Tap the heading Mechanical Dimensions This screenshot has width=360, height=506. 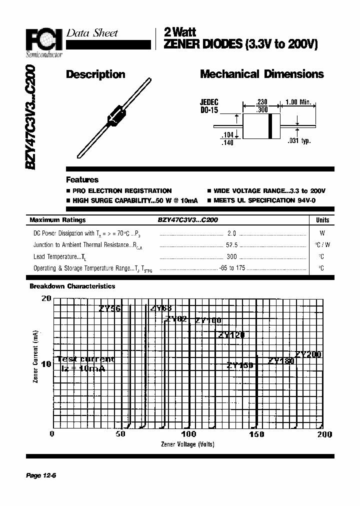(261, 74)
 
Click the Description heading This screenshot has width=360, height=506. (95, 75)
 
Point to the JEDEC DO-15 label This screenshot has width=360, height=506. (209, 106)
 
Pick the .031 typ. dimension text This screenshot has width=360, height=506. (299, 141)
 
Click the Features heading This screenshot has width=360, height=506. (82, 179)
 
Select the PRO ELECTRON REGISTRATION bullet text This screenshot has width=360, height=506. (121, 191)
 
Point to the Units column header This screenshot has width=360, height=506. (322, 220)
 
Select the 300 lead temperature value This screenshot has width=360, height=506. (232, 256)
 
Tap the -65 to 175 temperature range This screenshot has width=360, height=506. (232, 268)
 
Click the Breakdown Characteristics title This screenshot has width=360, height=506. (72, 286)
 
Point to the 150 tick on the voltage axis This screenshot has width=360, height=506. (256, 434)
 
